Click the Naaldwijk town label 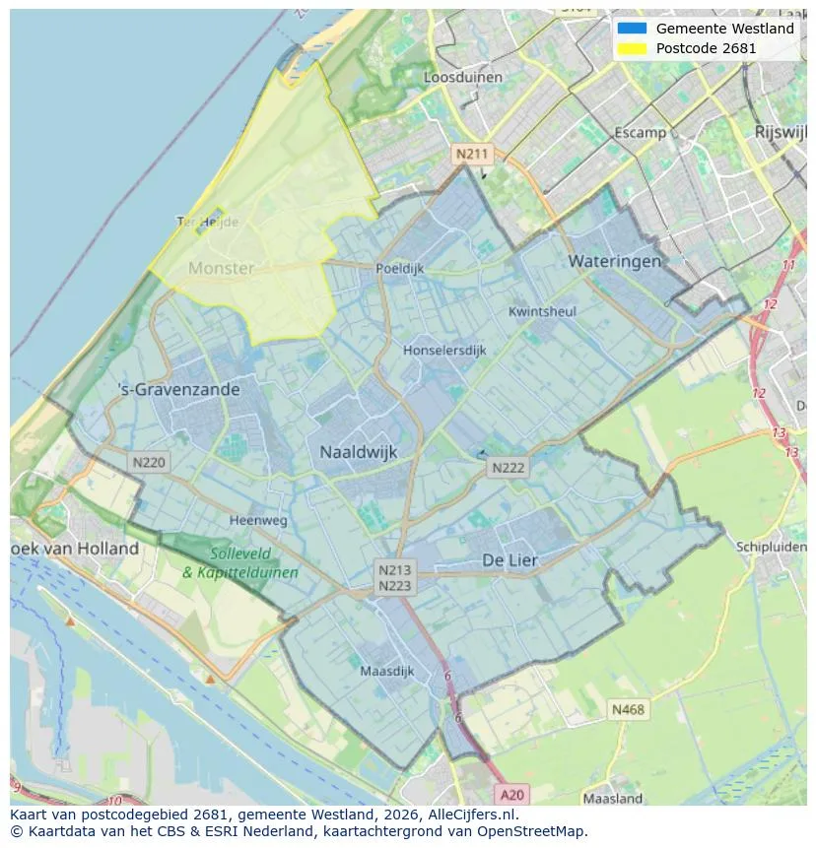coord(358,452)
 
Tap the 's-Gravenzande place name coord(178,389)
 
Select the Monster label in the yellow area coord(221,268)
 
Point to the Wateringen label coord(614,261)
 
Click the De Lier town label coord(510,559)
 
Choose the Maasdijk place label coord(387,672)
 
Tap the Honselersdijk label coord(444,350)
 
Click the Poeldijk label coord(399,268)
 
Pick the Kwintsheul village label coord(542,311)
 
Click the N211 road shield coord(471,154)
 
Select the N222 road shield coord(508,469)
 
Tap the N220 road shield coord(149,461)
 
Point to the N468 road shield coord(628,709)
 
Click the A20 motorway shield coord(511,794)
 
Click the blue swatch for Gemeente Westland coord(631,29)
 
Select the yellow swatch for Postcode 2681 coord(631,48)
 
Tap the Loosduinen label coord(462,77)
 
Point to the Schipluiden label coord(771,547)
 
